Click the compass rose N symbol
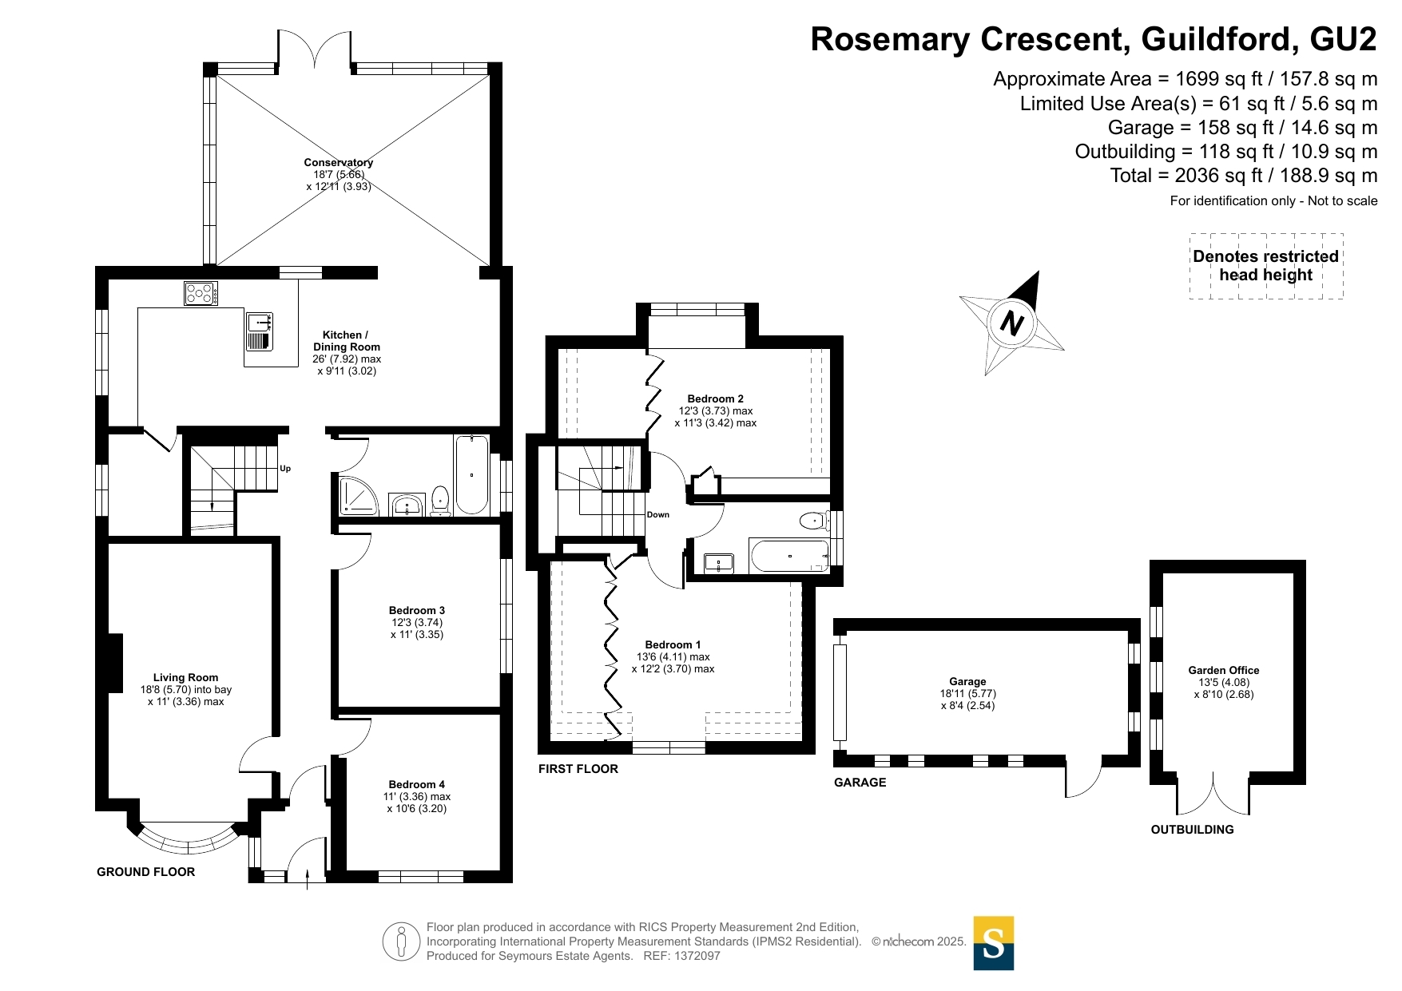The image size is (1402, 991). (1011, 323)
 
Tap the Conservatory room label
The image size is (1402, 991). (338, 163)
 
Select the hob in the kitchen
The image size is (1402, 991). (200, 293)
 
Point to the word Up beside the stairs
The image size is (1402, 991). (285, 469)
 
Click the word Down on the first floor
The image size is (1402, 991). (658, 515)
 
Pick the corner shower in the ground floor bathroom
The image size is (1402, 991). (357, 495)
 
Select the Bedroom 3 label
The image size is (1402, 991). (417, 611)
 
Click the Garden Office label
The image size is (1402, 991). (1223, 671)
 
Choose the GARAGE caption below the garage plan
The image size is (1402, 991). (860, 783)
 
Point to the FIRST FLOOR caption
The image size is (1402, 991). (578, 769)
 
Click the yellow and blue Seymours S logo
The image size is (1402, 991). (993, 943)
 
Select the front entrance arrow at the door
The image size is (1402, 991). (308, 878)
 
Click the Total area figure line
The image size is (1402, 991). (1243, 176)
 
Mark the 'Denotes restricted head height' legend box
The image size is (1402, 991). (1265, 266)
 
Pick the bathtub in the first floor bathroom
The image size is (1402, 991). (790, 556)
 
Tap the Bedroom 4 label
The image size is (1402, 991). (416, 785)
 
